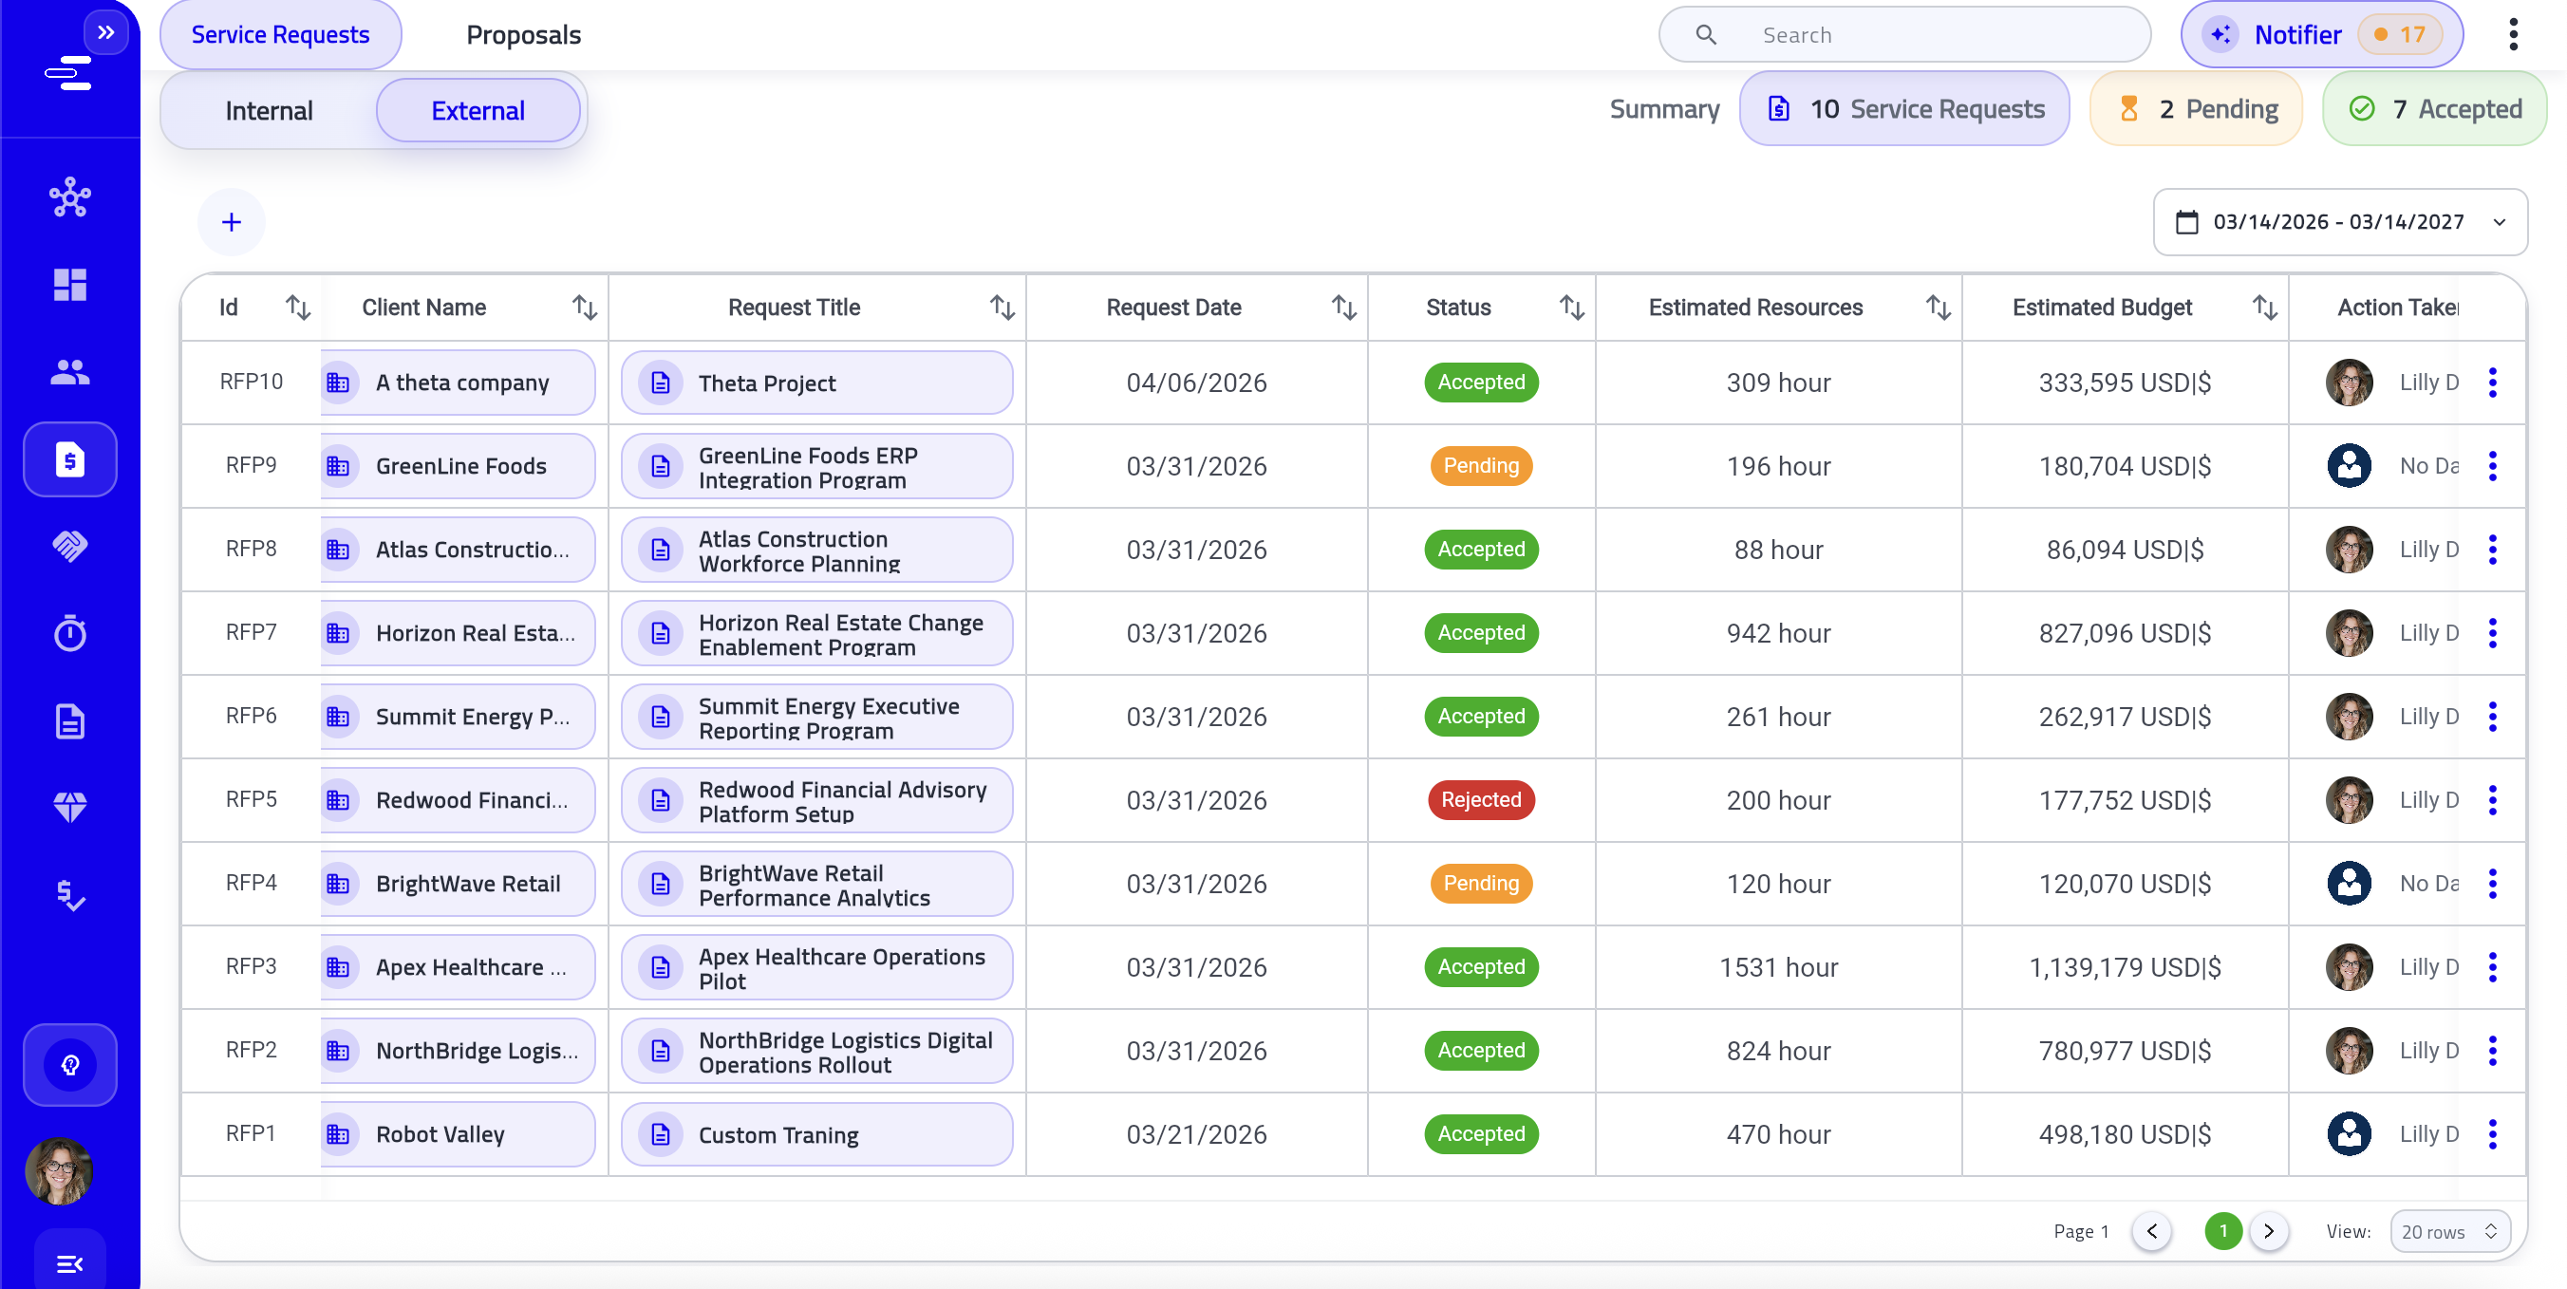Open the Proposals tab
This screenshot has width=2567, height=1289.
click(523, 35)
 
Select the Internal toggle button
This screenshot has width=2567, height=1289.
click(269, 110)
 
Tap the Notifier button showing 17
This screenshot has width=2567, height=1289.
click(2321, 35)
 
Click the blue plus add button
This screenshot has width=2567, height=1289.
click(232, 222)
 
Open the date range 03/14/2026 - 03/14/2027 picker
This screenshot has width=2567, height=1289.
click(2339, 222)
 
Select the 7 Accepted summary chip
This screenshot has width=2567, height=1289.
click(2434, 109)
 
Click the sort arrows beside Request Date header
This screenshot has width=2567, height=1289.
click(1343, 308)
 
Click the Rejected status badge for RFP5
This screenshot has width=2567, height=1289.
click(1481, 800)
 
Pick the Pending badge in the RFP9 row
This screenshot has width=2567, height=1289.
click(1481, 466)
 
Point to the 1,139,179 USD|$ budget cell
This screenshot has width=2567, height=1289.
click(2125, 967)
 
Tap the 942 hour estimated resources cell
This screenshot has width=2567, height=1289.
click(1778, 633)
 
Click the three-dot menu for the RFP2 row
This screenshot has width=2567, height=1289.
click(2492, 1051)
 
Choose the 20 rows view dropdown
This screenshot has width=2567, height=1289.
click(2448, 1232)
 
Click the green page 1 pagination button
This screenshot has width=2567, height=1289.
click(2223, 1232)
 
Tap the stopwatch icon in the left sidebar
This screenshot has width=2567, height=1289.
click(69, 633)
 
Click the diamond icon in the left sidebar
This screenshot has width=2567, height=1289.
click(69, 807)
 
